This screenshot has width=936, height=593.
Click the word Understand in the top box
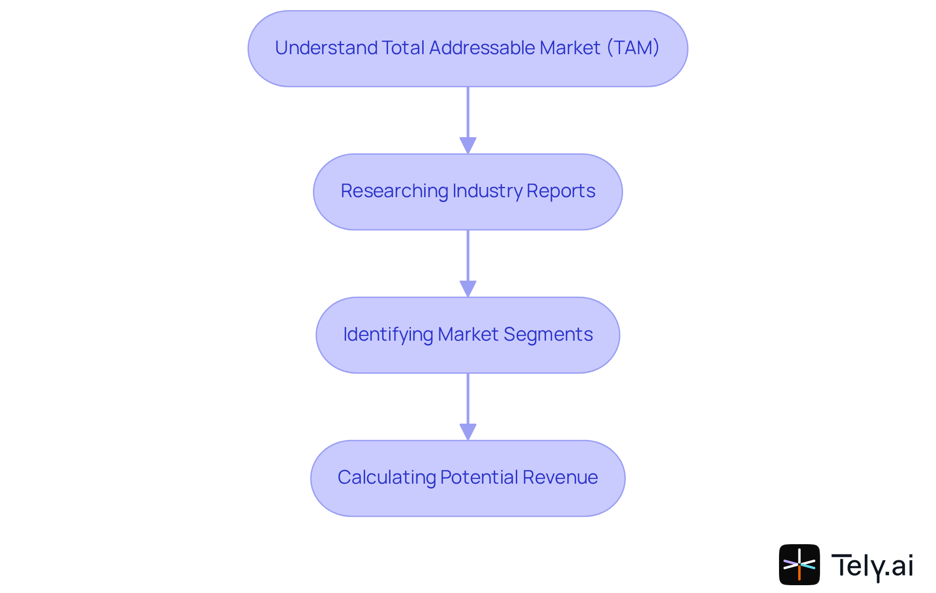(x=326, y=48)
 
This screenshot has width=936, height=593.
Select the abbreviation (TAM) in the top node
(x=633, y=48)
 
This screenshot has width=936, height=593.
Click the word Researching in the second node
(x=394, y=191)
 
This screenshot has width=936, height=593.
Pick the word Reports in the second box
(x=561, y=191)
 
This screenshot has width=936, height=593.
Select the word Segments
(x=548, y=334)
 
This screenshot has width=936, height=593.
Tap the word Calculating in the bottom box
(x=386, y=477)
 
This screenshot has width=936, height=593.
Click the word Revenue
(x=560, y=477)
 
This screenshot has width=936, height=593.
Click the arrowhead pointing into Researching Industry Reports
(x=468, y=145)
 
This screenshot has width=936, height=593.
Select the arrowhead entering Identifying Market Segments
(x=468, y=288)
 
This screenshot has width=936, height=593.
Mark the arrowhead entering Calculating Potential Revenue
(x=468, y=432)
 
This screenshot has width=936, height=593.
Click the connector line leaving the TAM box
(x=468, y=112)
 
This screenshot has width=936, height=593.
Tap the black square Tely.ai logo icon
(x=799, y=565)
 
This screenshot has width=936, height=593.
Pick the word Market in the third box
(x=468, y=334)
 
